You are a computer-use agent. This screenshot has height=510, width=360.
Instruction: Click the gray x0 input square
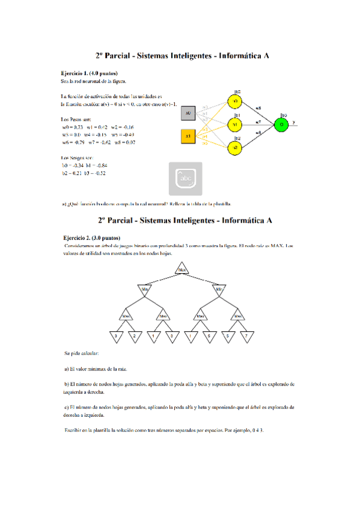[188, 112]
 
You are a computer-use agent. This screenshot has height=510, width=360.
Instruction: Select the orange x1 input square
[188, 137]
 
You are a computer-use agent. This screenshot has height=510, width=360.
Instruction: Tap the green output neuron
[281, 124]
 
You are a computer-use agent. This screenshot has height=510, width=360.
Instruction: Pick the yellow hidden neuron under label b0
[236, 101]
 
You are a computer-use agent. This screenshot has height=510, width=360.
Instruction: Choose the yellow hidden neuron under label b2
[236, 148]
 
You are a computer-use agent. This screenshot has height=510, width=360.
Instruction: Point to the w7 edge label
[258, 121]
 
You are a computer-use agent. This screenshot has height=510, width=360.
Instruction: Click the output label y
[294, 121]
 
